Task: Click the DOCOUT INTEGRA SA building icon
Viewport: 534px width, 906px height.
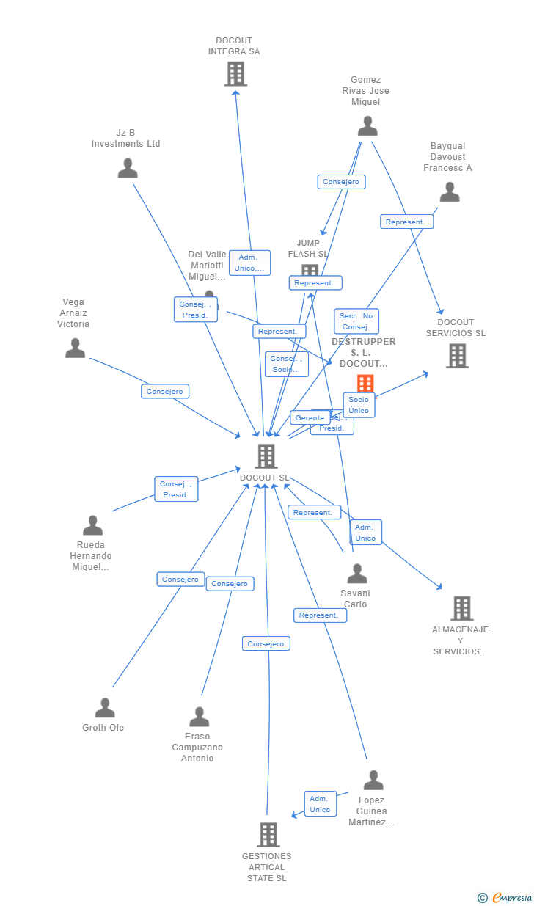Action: click(x=235, y=74)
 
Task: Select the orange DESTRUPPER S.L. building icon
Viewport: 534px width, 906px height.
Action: click(x=365, y=383)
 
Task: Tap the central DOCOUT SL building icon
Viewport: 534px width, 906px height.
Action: click(x=266, y=456)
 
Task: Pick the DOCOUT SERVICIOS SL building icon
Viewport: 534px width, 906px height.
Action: click(x=457, y=356)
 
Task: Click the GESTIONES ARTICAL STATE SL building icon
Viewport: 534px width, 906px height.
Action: click(x=268, y=835)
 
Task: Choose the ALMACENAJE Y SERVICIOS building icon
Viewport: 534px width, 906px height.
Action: click(x=461, y=608)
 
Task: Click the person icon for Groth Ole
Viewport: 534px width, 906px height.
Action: click(x=105, y=708)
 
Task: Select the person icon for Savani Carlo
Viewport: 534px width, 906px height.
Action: click(x=357, y=574)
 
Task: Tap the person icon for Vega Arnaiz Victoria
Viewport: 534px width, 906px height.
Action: click(x=75, y=348)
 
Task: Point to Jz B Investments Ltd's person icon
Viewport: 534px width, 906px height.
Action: click(x=128, y=168)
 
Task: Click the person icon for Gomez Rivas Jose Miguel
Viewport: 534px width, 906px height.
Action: click(x=367, y=126)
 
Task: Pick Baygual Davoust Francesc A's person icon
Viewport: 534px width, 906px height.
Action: click(x=450, y=192)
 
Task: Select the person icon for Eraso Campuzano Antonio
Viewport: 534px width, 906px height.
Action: click(x=199, y=717)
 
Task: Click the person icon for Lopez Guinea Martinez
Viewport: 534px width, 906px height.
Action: click(x=373, y=780)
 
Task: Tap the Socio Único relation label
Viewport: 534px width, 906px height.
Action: click(x=359, y=405)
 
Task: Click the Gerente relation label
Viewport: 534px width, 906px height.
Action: click(x=310, y=418)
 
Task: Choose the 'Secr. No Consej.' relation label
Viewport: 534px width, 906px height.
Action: click(x=356, y=321)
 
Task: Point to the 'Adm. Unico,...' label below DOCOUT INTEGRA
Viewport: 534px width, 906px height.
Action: click(x=249, y=263)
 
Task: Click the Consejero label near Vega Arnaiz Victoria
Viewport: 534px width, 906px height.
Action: click(x=165, y=392)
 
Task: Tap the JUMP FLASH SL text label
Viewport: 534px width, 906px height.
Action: click(x=308, y=248)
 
